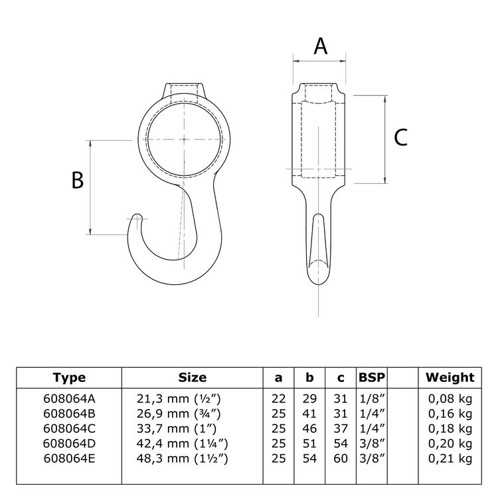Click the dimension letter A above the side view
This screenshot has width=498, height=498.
tap(320, 46)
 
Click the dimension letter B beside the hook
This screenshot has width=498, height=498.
tap(78, 180)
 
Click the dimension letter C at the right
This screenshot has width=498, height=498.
tap(401, 137)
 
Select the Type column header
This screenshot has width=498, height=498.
tap(69, 378)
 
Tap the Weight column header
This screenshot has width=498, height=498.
tap(450, 378)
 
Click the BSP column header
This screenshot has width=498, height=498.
tap(373, 378)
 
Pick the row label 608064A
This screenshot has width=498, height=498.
tap(69, 398)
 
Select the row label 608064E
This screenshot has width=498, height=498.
tap(69, 459)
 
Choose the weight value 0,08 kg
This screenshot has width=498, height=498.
tap(450, 398)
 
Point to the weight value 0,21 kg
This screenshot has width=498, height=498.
tap(450, 459)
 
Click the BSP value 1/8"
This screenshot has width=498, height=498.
tap(373, 398)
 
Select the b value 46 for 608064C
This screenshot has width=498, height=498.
tap(309, 428)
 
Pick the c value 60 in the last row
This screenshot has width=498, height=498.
tap(341, 459)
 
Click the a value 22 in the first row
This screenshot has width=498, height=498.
tap(278, 398)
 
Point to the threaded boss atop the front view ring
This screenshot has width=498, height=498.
tap(183, 90)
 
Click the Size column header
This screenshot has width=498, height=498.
tap(192, 378)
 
